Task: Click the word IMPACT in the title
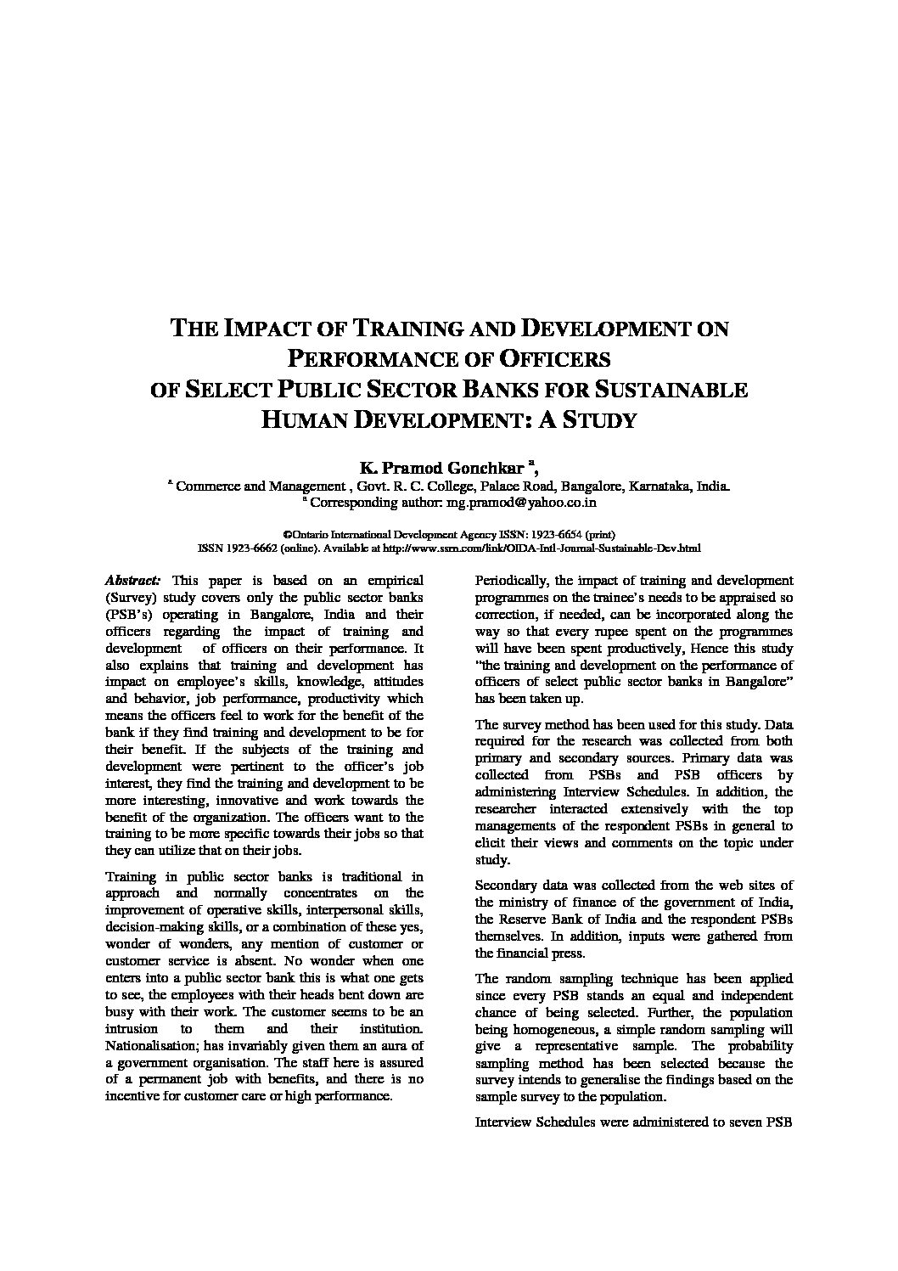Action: [x=261, y=329]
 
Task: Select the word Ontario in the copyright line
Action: [x=316, y=536]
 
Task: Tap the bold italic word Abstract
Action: [x=132, y=581]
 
